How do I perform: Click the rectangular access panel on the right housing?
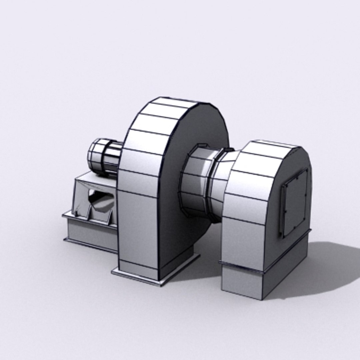click(295, 203)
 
